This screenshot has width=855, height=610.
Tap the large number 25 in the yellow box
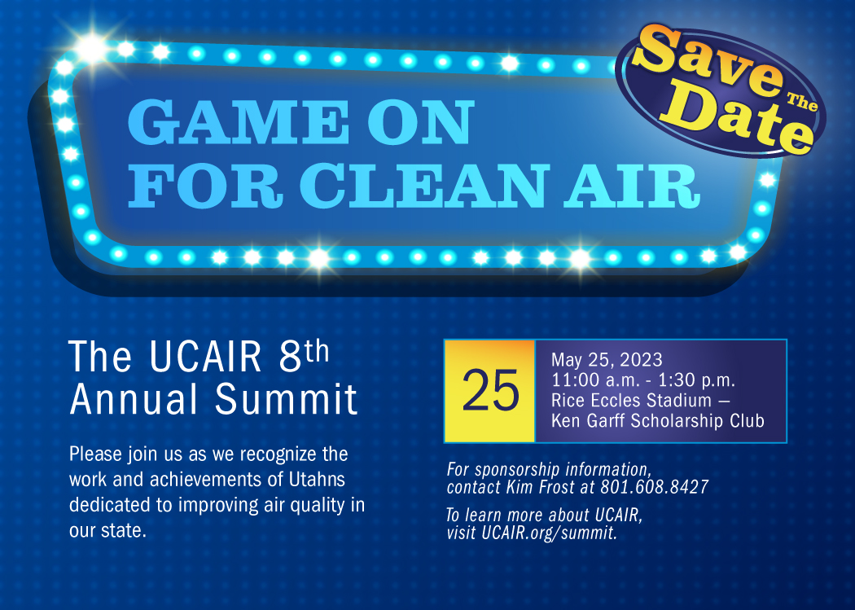490,390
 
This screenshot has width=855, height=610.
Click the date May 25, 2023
607,359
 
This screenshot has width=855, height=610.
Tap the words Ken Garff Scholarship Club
658,421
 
